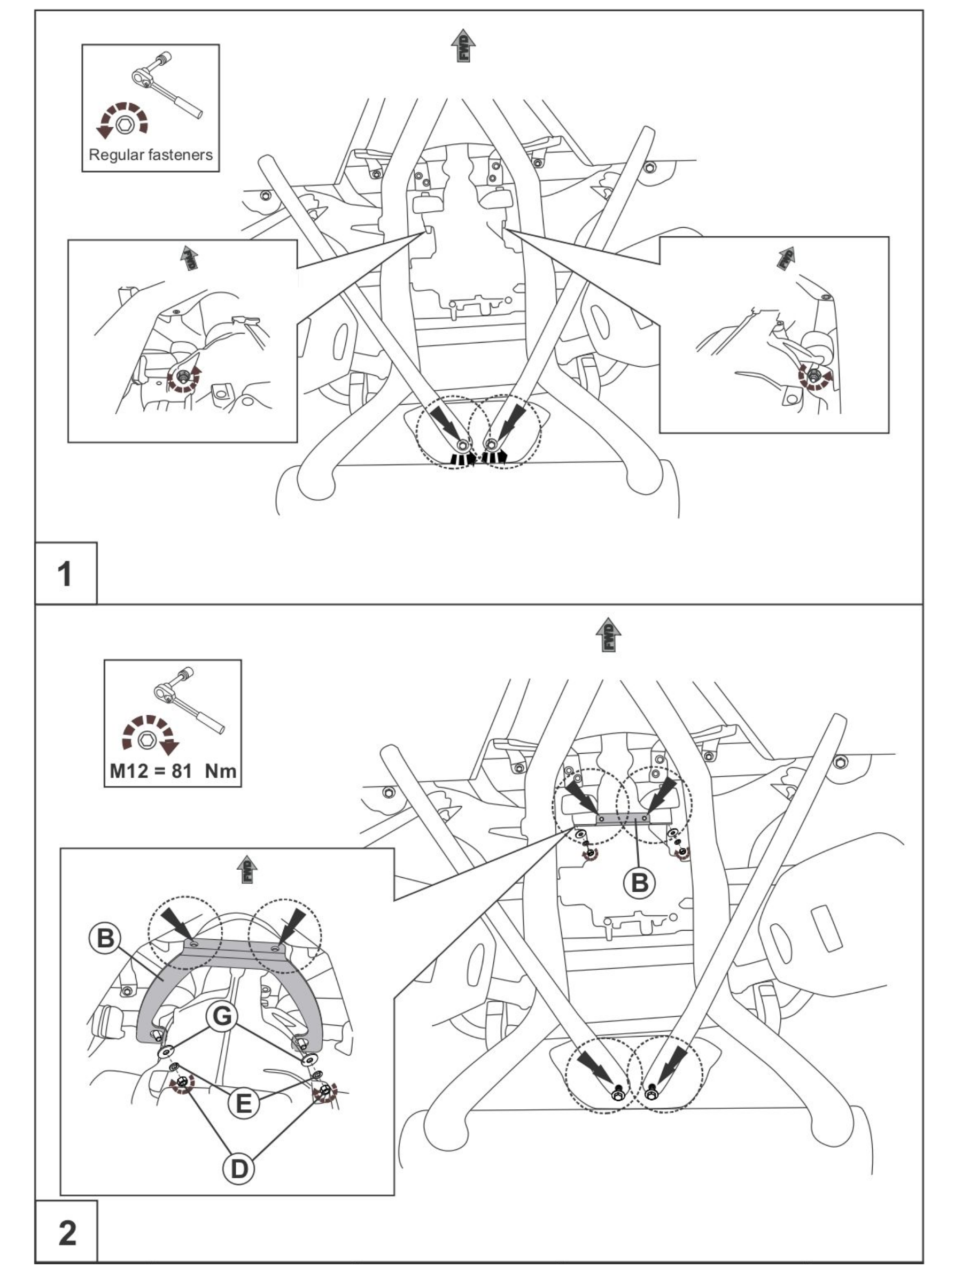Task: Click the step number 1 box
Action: tap(66, 573)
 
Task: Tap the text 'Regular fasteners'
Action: tap(151, 155)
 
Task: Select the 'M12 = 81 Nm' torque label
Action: tap(173, 771)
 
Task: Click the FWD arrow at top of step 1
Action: tap(463, 45)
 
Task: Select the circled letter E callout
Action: tap(244, 1102)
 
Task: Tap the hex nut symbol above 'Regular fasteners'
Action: tap(123, 124)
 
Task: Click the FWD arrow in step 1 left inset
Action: tap(189, 257)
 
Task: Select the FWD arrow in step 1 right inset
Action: tap(786, 258)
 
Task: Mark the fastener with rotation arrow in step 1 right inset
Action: tap(813, 375)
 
